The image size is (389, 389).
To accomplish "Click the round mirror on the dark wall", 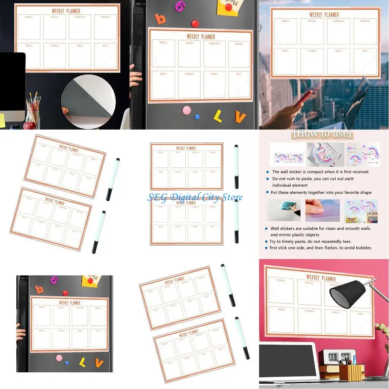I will coord(88,101).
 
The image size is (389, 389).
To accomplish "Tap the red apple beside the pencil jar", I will coord(30,125).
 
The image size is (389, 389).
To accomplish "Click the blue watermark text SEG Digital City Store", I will coord(195,197).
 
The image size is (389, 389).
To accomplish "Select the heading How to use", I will coord(323,134).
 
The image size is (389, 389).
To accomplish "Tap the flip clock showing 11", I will coord(333,357).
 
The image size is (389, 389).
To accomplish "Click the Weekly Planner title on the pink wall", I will coord(321,278).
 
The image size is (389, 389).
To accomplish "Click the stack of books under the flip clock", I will coord(329,370).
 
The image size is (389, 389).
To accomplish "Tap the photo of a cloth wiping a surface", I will coord(283,210).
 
